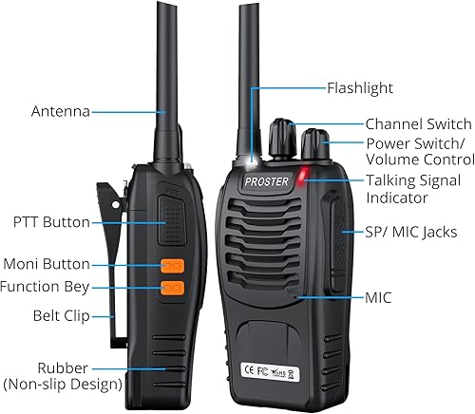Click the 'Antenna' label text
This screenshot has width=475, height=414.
(59, 111)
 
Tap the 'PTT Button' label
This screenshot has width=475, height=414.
(52, 222)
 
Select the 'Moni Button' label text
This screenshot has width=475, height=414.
(47, 264)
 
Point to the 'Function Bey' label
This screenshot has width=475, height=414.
(47, 286)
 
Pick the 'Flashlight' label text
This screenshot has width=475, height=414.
(360, 87)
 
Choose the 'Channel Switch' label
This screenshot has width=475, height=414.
(418, 124)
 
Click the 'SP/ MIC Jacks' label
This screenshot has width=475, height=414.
(411, 231)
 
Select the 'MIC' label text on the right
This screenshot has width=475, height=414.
(378, 297)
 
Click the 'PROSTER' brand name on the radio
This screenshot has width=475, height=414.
(261, 181)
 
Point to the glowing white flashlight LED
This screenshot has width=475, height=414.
(254, 160)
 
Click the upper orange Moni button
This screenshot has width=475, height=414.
(172, 266)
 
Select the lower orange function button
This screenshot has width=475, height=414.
(172, 287)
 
